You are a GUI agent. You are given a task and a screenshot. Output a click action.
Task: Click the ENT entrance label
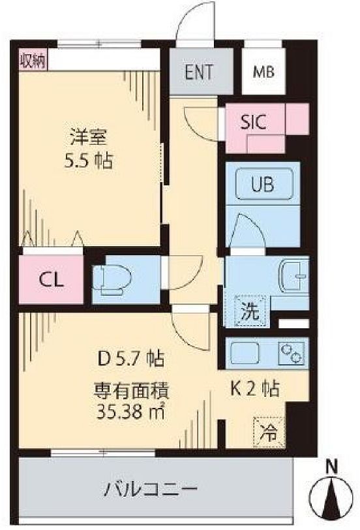tap(199, 72)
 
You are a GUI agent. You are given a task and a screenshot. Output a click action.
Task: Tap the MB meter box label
tap(264, 72)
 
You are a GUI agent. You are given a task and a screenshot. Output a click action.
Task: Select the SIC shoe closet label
tap(254, 121)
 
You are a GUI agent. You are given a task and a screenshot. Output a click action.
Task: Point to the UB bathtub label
tap(262, 184)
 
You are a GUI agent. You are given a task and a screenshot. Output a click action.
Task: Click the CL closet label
tap(51, 279)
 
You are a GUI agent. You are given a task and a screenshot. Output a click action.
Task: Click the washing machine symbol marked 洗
tap(250, 311)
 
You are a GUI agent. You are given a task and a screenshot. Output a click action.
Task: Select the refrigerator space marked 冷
tap(269, 432)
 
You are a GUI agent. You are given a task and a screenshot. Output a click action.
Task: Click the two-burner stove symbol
tap(292, 353)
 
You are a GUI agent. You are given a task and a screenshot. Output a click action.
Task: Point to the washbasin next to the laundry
tap(293, 276)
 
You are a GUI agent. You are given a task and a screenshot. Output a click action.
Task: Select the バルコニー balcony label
tap(150, 489)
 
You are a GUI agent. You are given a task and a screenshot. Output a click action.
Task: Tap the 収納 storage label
tap(33, 61)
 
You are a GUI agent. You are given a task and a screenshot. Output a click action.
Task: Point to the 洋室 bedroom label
tap(89, 137)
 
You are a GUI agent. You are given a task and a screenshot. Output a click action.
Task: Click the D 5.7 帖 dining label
tap(131, 358)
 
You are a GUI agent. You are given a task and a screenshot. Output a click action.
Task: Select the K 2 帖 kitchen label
tap(255, 389)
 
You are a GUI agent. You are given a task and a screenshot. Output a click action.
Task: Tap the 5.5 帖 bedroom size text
tap(89, 160)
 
